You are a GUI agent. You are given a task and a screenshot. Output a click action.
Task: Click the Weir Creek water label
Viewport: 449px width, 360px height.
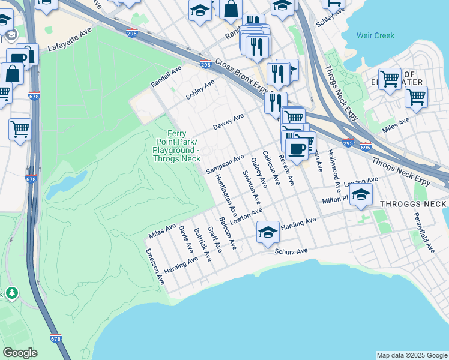pos(375,35)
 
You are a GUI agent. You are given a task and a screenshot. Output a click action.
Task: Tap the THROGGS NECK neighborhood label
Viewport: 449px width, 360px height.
pos(414,204)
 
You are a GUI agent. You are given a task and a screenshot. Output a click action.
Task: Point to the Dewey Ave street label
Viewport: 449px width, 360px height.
pos(228,122)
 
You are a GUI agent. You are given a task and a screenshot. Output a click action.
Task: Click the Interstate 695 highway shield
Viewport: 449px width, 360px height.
pos(365,146)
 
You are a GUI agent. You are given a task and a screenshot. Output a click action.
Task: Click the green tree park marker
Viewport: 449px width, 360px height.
pos(11,293)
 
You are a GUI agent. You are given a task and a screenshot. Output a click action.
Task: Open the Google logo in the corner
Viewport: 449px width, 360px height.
pos(19,353)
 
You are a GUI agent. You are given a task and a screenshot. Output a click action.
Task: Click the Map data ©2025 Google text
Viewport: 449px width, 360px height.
pos(411,355)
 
